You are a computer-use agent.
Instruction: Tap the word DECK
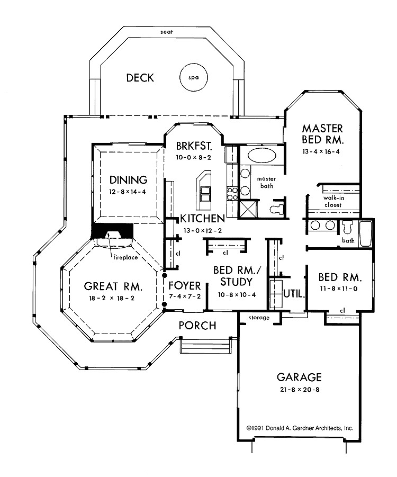click(140, 78)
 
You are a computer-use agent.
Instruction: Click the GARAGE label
click(299, 377)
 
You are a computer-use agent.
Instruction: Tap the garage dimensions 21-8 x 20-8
click(300, 390)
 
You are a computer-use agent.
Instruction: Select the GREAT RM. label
click(113, 286)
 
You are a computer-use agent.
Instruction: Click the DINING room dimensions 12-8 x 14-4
click(128, 192)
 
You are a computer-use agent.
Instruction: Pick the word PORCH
click(197, 326)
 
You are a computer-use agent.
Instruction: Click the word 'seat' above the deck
click(166, 32)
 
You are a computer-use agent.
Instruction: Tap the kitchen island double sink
click(204, 194)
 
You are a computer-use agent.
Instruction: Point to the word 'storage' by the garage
click(259, 318)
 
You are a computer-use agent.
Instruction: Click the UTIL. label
click(294, 294)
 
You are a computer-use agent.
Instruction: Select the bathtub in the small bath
click(366, 233)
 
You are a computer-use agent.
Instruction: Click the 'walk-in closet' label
click(333, 201)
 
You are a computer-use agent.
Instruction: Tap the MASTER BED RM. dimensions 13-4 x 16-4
click(321, 151)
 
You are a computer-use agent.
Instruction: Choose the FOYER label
click(184, 286)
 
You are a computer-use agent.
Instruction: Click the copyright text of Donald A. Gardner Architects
click(300, 428)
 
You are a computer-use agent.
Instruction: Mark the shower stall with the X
click(248, 209)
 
